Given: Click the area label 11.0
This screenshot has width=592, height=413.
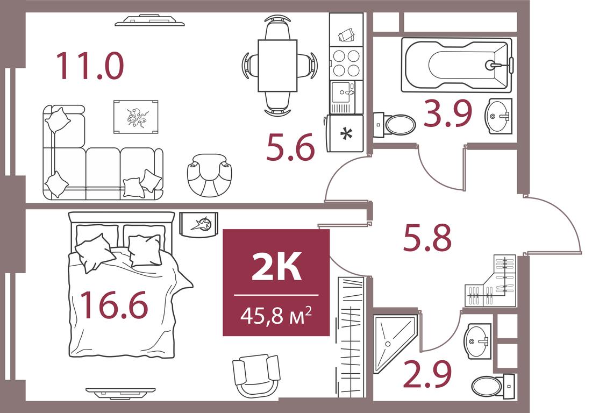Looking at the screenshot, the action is pos(90,66).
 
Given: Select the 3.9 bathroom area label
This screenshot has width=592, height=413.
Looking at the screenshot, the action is pos(448,113).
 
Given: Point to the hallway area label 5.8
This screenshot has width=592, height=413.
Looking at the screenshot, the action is pos(427,238).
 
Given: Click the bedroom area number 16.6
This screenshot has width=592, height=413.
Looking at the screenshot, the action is pos(114,305).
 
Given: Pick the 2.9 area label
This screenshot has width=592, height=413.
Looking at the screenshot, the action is pos(427,374).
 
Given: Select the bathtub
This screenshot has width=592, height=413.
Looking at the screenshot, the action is pos(456,65).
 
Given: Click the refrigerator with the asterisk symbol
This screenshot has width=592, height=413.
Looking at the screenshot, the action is pos(345,133).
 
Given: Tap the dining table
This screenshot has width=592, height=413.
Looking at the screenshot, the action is pos(277,65).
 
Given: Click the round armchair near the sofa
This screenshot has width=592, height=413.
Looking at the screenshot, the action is pos(209,175).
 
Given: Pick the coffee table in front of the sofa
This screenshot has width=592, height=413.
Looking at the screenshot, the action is pos(136,117).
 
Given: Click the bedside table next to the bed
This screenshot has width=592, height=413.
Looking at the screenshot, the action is pos(198,224).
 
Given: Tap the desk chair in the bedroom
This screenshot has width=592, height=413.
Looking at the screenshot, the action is pos(256,374).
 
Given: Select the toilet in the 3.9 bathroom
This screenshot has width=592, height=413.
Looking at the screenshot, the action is pos(395,125).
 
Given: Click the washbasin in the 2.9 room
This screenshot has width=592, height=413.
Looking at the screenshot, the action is pos(477,341).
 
